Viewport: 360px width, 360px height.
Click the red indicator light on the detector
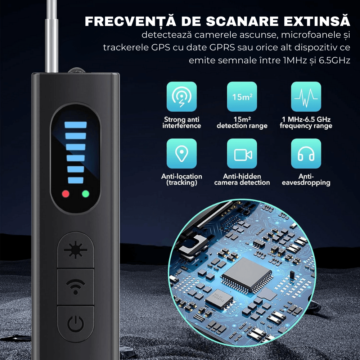click(x=66, y=194)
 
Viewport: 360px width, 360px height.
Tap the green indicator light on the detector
click(x=86, y=194)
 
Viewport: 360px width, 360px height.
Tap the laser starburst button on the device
click(x=76, y=250)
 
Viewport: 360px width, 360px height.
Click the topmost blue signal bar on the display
click(x=76, y=125)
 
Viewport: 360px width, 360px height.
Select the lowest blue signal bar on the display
click(x=76, y=180)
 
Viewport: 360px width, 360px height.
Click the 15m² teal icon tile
click(x=242, y=96)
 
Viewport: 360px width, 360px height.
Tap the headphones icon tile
click(x=306, y=153)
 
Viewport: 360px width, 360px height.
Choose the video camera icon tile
click(x=242, y=153)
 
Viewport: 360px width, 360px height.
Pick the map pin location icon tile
click(x=181, y=153)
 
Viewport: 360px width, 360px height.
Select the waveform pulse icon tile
click(x=306, y=96)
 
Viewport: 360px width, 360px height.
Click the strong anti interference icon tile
click(x=181, y=96)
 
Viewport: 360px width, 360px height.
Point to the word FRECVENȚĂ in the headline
click(x=130, y=21)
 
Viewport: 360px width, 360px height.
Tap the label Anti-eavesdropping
click(x=306, y=180)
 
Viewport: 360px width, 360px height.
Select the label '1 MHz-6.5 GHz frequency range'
click(x=306, y=123)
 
